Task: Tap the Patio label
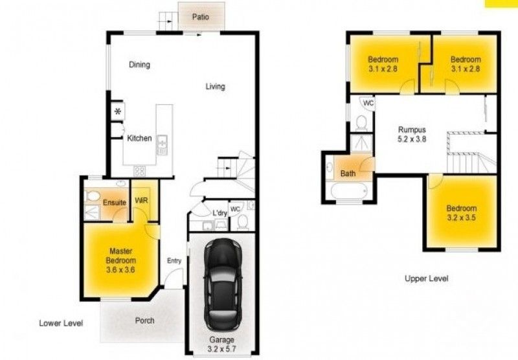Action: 201,17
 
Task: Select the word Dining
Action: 139,65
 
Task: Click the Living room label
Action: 216,87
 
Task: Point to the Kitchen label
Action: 139,138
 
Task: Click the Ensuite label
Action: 115,203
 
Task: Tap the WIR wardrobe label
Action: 142,201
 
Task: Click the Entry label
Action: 174,260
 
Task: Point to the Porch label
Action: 144,321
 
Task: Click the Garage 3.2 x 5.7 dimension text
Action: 221,343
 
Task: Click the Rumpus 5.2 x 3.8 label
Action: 411,133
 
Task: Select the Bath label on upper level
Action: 348,174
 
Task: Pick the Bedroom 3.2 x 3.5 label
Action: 461,213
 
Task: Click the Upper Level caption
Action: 426,278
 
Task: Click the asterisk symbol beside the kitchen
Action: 118,112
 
